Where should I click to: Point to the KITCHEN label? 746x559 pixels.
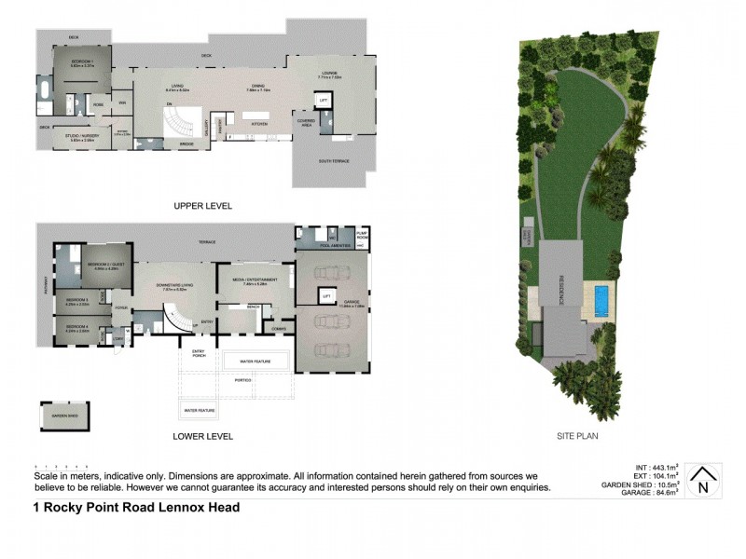(x=260, y=123)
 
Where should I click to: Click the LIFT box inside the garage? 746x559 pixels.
(x=327, y=296)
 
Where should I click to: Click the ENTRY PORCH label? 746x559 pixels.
(x=198, y=352)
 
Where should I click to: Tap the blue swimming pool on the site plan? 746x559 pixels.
(x=601, y=301)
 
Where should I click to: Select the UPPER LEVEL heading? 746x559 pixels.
(x=201, y=206)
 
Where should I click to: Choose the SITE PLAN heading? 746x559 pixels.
(x=578, y=435)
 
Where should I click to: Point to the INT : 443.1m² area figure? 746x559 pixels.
(x=653, y=468)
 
